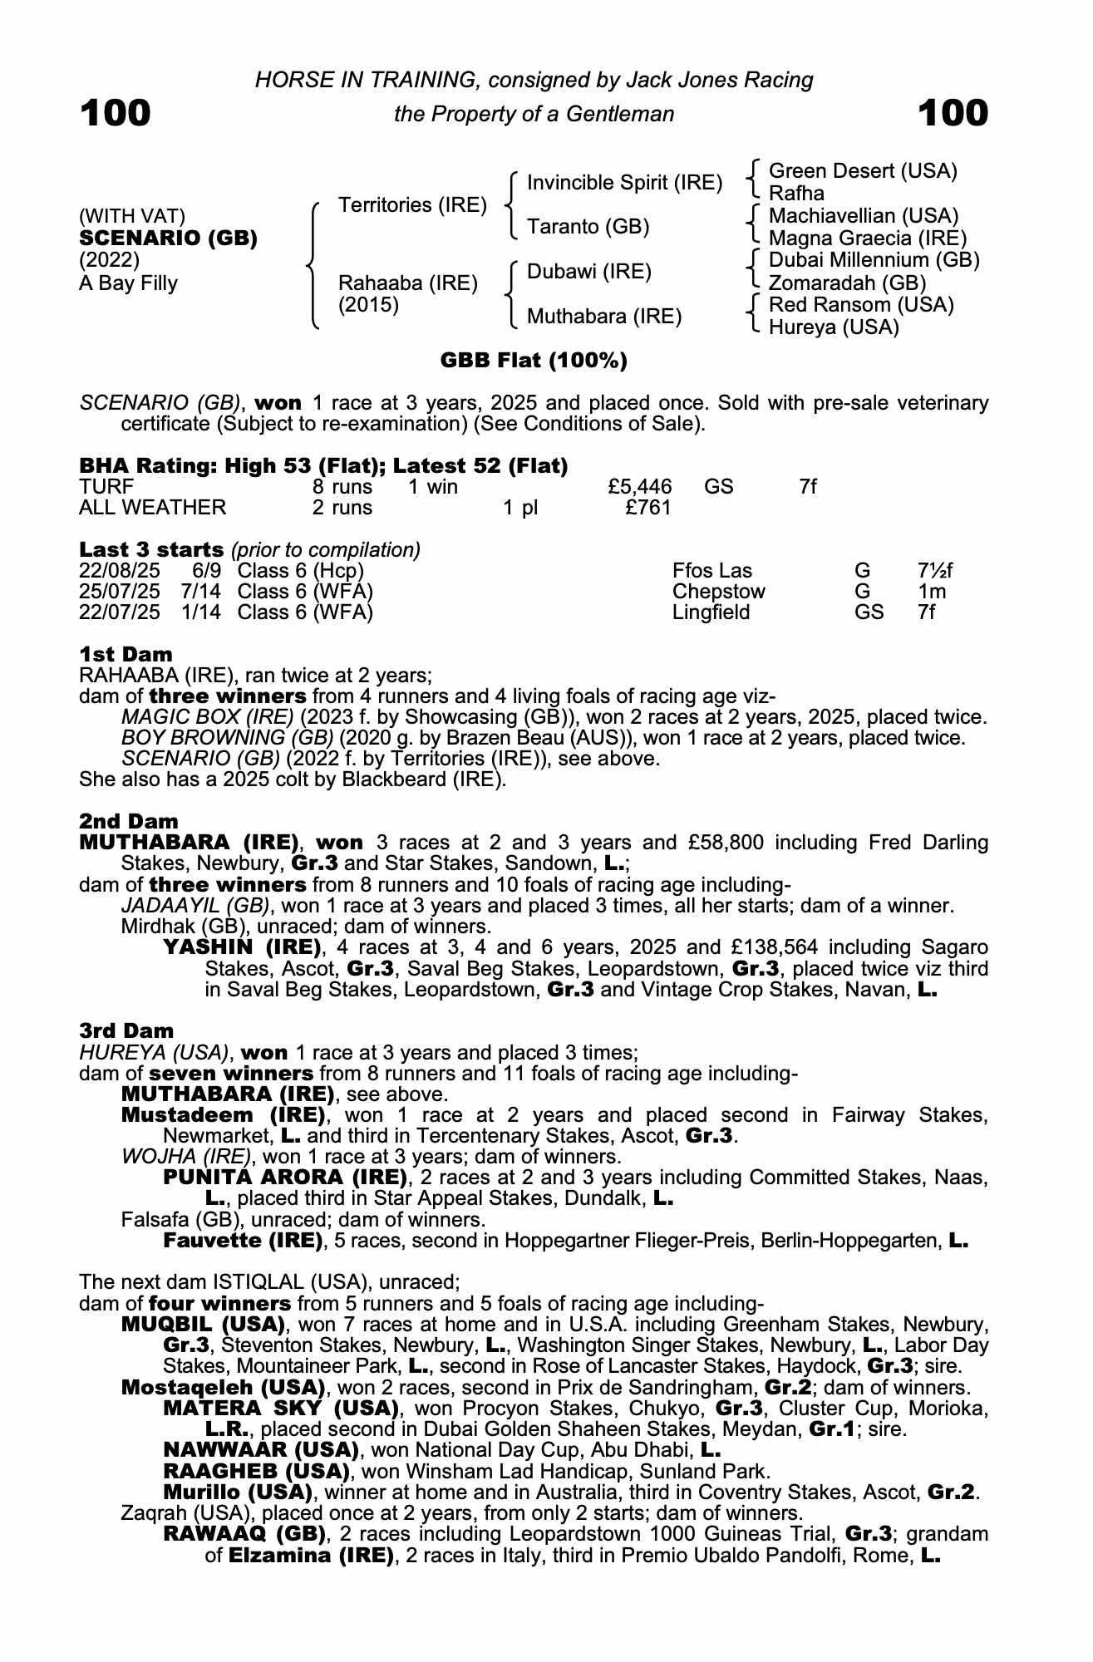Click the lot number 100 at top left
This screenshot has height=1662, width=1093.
point(116,113)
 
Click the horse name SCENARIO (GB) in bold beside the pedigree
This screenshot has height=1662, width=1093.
point(168,238)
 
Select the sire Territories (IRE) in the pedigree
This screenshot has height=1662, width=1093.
point(412,205)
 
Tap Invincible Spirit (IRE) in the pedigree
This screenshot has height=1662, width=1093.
point(624,183)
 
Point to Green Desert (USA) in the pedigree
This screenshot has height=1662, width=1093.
point(863,171)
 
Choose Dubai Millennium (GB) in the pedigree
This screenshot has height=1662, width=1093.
point(874,260)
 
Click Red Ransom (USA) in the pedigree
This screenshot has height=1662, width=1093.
point(861,305)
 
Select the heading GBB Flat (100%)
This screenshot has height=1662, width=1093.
point(534,361)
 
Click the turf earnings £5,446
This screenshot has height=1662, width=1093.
point(640,487)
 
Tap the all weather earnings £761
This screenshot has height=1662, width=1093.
point(647,508)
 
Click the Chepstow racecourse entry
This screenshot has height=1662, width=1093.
point(718,593)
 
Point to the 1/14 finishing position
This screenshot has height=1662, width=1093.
point(203,613)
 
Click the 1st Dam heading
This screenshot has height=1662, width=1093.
point(126,654)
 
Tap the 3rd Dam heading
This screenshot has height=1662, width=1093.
point(126,1031)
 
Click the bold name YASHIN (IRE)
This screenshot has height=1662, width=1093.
point(242,947)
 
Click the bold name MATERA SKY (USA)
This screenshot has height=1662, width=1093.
point(278,1409)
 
